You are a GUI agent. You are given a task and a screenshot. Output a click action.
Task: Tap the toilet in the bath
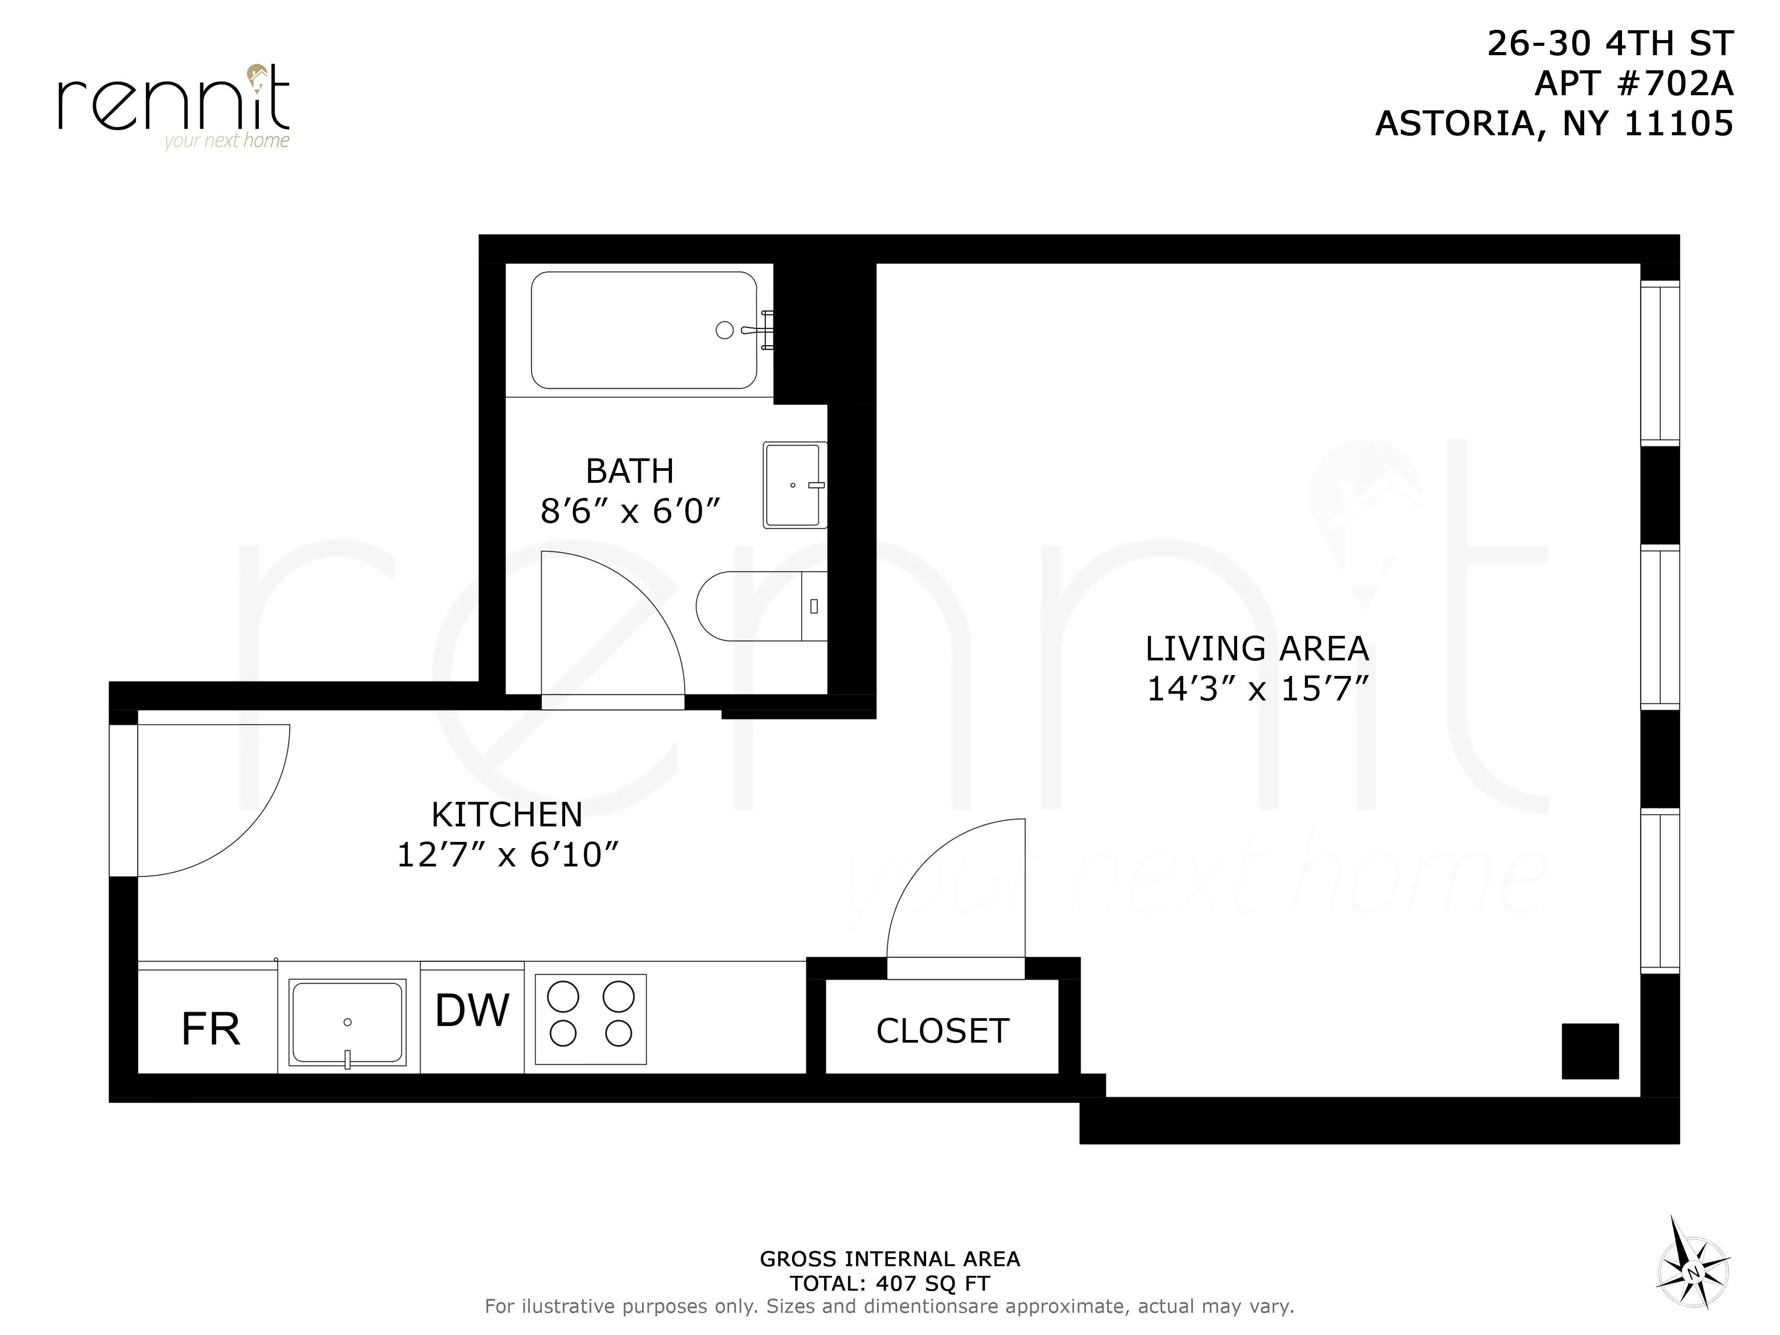tap(756, 606)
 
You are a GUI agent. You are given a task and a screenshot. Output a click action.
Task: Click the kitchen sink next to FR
tap(347, 1022)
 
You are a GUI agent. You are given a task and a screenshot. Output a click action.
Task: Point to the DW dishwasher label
tap(472, 1011)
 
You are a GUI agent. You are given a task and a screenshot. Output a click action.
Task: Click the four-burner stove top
tap(591, 1019)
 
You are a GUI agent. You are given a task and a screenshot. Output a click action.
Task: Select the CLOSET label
tap(943, 1031)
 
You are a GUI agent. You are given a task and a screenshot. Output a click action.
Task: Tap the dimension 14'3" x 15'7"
tap(1257, 689)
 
